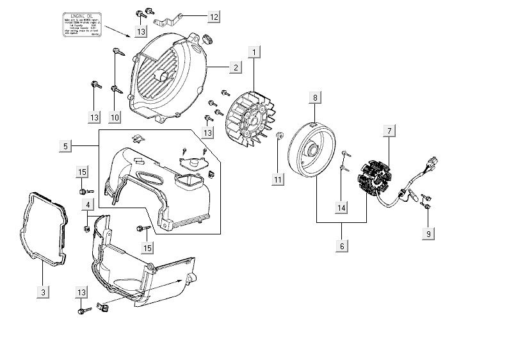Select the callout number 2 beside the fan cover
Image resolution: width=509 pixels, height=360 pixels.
tap(236, 67)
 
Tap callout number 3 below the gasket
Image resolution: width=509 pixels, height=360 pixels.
tap(43, 292)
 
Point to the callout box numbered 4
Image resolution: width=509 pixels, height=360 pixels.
tap(88, 204)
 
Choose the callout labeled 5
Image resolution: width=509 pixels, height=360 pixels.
tap(66, 147)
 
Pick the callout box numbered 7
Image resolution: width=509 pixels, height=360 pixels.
tap(388, 131)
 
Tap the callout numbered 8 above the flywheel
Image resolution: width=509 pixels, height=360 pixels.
tap(315, 97)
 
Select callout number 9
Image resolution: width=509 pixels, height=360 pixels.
tap(428, 234)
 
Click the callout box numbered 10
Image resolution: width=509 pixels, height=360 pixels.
tap(115, 117)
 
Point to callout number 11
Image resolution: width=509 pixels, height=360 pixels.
tap(278, 180)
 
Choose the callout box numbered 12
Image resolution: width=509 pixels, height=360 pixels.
tap(214, 16)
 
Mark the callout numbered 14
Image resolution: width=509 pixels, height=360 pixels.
tap(342, 208)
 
